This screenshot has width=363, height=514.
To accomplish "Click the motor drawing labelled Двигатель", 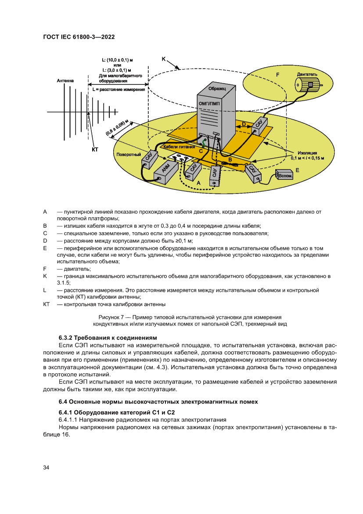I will (x=309, y=85).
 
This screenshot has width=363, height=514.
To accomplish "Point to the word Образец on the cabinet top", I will (x=217, y=88).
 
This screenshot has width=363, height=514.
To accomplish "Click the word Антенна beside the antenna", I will (x=65, y=81).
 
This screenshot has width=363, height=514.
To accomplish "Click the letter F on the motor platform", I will (x=277, y=75).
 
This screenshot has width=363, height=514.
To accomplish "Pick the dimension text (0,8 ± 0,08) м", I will (x=115, y=128).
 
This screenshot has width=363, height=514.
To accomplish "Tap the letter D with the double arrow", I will (x=244, y=124).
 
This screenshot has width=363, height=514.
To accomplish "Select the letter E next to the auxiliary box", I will (x=297, y=169).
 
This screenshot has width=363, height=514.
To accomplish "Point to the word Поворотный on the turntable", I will (x=129, y=155).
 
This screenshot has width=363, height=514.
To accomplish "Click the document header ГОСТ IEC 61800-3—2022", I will (x=79, y=37).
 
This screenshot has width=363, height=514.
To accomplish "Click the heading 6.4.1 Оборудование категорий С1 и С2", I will (x=117, y=412).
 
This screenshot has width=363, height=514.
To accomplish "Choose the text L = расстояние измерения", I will (x=119, y=89).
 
